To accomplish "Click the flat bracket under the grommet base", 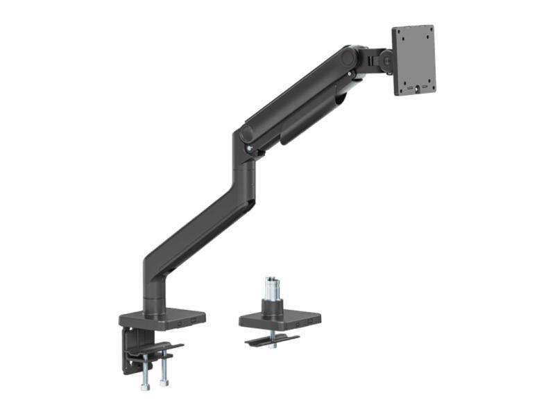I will pyautogui.click(x=271, y=340).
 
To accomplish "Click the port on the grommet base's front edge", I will pyautogui.click(x=298, y=324).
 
